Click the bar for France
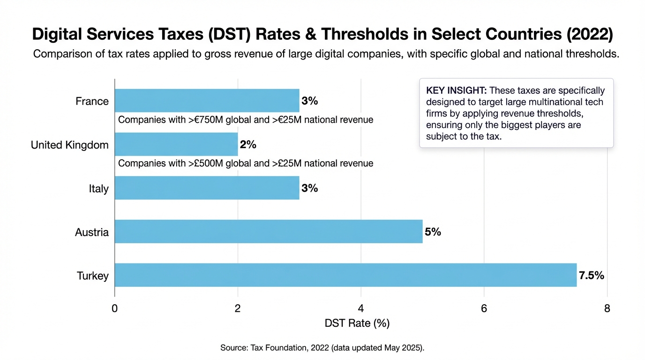pyautogui.click(x=207, y=101)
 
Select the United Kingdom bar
pyautogui.click(x=176, y=144)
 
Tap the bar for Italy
pyautogui.click(x=207, y=188)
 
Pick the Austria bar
pyautogui.click(x=268, y=232)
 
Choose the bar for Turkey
pyautogui.click(x=345, y=275)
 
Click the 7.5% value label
pyautogui.click(x=592, y=276)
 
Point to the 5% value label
pyautogui.click(x=433, y=232)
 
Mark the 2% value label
pyautogui.click(x=248, y=145)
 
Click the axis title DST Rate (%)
pyautogui.click(x=357, y=323)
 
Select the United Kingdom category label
pyautogui.click(x=70, y=145)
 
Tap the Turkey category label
pyautogui.click(x=93, y=276)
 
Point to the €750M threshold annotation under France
pyautogui.click(x=246, y=120)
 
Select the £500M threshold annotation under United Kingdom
pyautogui.click(x=246, y=164)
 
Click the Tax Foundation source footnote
pyautogui.click(x=322, y=348)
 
